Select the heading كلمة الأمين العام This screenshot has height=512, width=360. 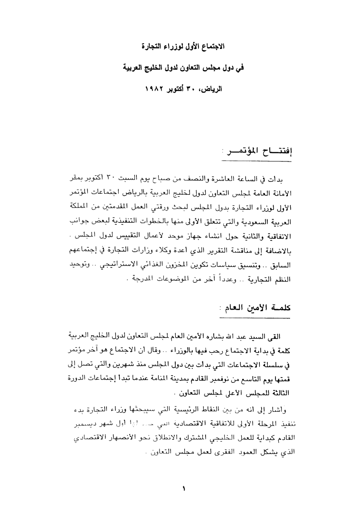coord(258,308)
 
